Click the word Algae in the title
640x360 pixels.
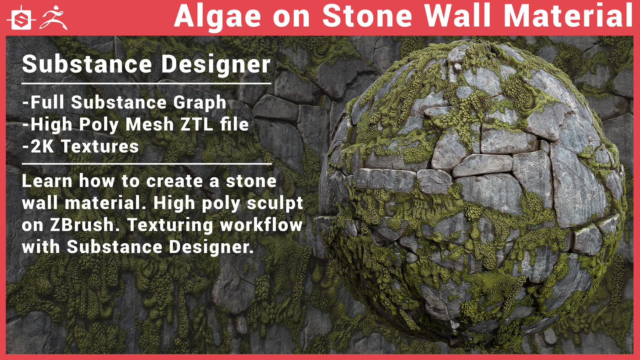pos(217,17)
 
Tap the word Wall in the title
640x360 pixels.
pos(460,16)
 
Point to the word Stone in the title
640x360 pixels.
pos(367,16)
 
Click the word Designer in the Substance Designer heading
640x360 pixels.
pos(216,64)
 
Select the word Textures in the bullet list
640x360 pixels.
pos(100,146)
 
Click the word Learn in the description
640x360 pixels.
pos(47,181)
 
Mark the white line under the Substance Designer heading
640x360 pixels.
pos(146,84)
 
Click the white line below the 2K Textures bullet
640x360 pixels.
pos(146,164)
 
